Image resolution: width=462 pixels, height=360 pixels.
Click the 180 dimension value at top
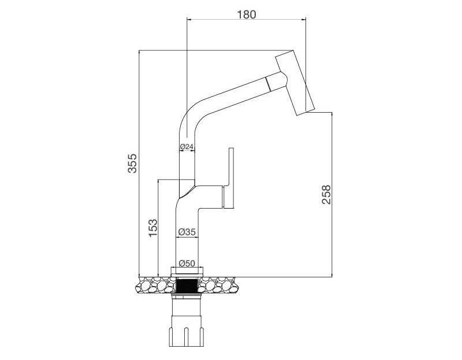[x=247, y=14]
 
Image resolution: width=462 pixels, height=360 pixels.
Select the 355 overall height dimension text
[x=132, y=164]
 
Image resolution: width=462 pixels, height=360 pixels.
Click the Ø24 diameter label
[x=186, y=146]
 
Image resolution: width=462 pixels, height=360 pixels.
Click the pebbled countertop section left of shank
[x=154, y=284]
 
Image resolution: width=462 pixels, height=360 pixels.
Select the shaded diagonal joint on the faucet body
[x=187, y=187]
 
